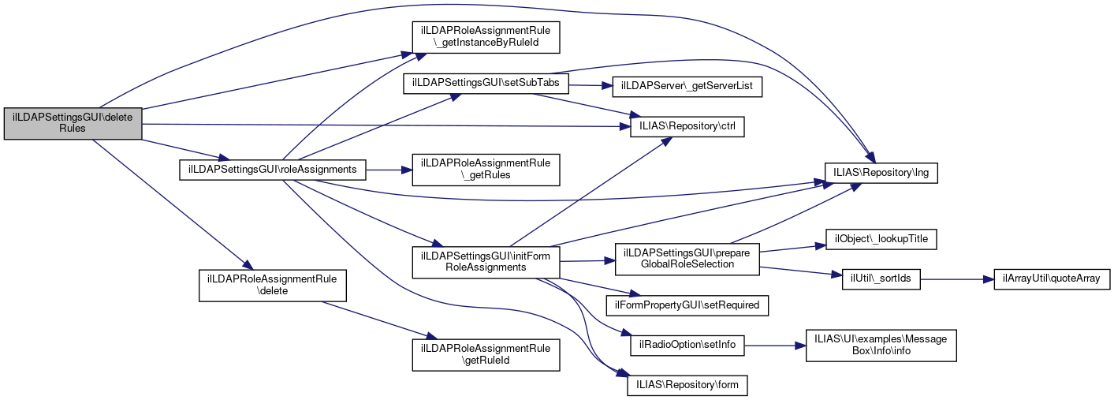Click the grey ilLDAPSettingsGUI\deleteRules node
(73, 123)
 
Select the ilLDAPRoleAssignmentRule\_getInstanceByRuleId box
(486, 36)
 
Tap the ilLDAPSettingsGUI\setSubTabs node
(486, 84)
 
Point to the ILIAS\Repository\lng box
(881, 171)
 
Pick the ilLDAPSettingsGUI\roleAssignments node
(273, 169)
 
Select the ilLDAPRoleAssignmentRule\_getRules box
(486, 168)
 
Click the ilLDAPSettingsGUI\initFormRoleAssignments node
(486, 261)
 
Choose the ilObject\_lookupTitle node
(881, 238)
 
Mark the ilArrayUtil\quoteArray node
(1045, 279)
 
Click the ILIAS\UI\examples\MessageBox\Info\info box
(881, 345)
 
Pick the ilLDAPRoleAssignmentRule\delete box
(273, 284)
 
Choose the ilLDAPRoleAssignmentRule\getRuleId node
(486, 354)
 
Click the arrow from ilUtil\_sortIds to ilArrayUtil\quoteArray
(950, 279)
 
